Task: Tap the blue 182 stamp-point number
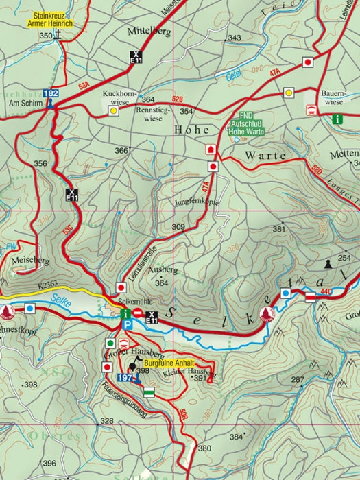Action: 50,93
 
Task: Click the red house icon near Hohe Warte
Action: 211,149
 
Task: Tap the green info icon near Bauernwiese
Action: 337,119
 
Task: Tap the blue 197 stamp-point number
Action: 125,378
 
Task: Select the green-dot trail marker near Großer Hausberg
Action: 110,343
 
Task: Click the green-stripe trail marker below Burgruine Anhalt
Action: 149,392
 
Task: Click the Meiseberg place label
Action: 27,261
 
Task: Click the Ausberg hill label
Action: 167,270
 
